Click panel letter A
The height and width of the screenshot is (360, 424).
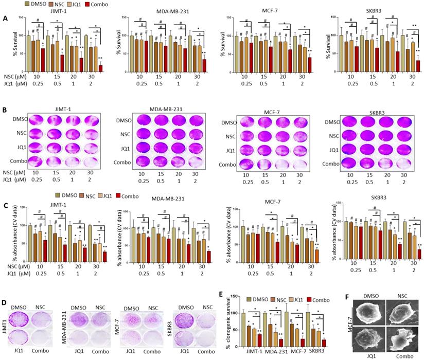(x=5, y=17)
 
